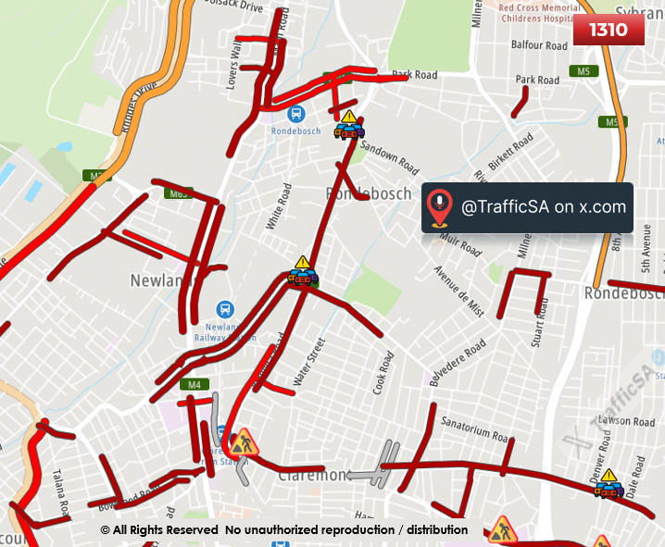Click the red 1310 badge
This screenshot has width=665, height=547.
608,30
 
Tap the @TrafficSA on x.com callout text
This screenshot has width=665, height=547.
544,207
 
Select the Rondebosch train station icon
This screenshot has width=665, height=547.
295,114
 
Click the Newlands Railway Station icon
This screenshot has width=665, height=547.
225,309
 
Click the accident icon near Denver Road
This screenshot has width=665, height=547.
607,484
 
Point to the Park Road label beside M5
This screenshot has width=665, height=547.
537,81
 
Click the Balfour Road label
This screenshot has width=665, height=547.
539,44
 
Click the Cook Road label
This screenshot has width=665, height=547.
383,373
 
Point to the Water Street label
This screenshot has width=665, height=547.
310,362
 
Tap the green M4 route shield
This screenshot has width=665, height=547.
194,384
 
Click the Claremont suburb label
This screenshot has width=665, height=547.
313,475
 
